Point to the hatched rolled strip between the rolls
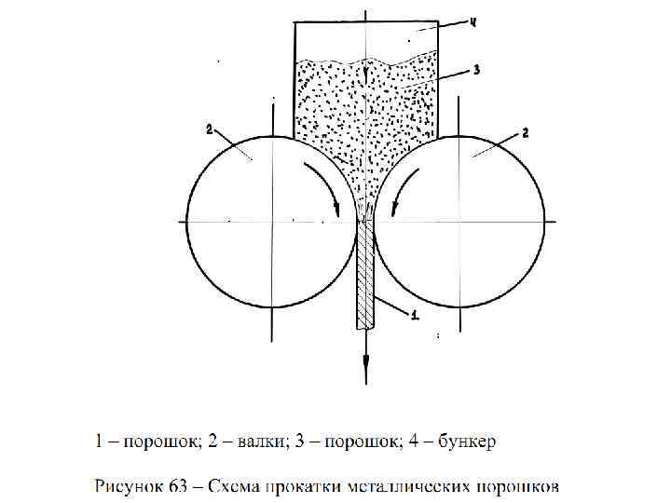tap(364, 275)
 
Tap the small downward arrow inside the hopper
tap(366, 73)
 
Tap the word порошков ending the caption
tap(516, 485)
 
